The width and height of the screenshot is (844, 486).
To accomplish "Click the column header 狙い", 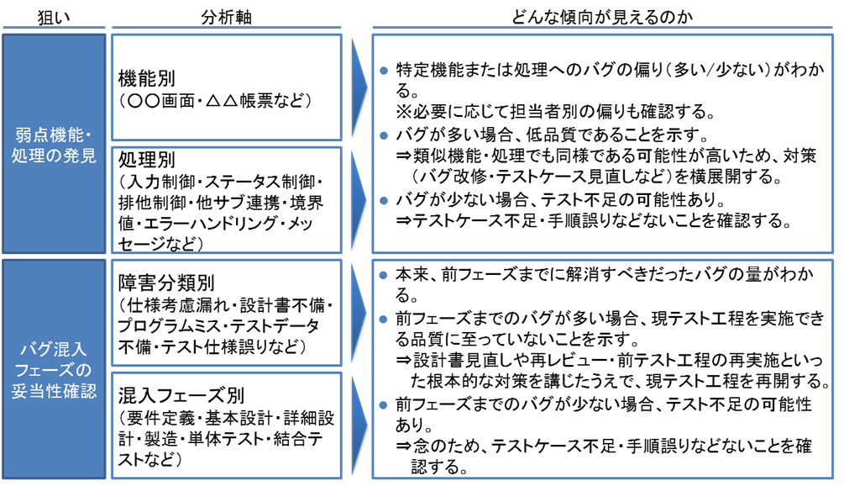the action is pos(53,17).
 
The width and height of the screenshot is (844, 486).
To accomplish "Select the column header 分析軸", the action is pos(226,17).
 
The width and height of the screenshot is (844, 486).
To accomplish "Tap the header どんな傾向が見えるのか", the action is pos(601,17).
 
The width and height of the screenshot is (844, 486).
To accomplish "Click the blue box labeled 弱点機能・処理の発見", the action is pos(54,144).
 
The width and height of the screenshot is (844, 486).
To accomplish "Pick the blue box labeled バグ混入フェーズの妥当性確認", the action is pos(54,369).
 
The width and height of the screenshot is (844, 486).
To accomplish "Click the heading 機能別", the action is pos(147,78).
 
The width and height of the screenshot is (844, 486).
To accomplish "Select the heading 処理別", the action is pos(147,159).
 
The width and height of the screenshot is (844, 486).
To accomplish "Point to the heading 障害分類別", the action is pos(166,283).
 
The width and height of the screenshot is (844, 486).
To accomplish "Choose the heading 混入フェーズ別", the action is pos(181,395).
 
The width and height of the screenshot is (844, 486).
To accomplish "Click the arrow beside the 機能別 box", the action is pos(359,87).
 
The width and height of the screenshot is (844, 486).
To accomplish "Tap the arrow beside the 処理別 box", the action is pos(359,200).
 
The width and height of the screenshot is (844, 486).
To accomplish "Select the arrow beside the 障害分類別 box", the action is pos(359,313).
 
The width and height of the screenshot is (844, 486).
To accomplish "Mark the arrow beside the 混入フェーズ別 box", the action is pos(359,425).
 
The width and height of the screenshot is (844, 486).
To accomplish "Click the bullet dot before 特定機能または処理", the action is pos(383,71).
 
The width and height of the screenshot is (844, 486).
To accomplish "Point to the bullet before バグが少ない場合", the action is pos(383,201).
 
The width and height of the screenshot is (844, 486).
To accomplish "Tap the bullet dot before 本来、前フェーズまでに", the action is pos(383,275).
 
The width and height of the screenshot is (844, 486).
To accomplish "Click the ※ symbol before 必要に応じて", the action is pos(404,112).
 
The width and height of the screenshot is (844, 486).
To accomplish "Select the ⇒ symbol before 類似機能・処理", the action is pos(404,156).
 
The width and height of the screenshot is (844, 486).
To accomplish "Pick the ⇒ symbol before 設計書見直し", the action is pos(404,359).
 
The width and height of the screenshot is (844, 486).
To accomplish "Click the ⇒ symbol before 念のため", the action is pos(404,446).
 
